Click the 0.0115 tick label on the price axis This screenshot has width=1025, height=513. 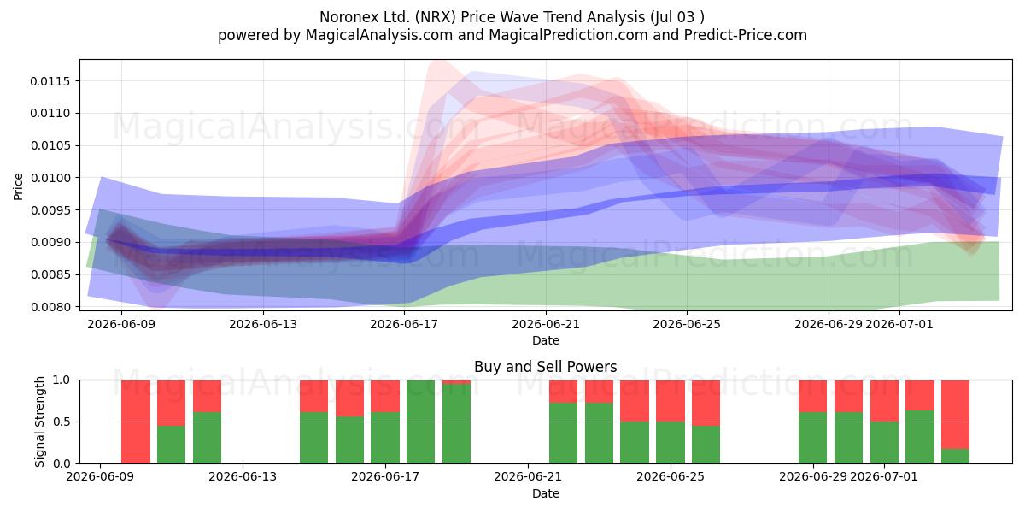pyautogui.click(x=50, y=81)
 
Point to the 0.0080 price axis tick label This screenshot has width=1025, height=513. pyautogui.click(x=50, y=307)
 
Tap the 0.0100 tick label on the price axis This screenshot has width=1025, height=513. pyautogui.click(x=50, y=178)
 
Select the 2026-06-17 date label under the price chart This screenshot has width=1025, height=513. pyautogui.click(x=404, y=324)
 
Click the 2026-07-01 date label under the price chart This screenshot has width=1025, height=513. pyautogui.click(x=899, y=324)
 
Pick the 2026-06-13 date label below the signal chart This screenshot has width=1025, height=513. pyautogui.click(x=243, y=476)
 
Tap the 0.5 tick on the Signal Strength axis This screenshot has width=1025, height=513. pyautogui.click(x=61, y=422)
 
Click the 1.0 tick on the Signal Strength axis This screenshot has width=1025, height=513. pyautogui.click(x=61, y=380)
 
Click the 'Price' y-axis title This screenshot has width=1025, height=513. pyautogui.click(x=18, y=186)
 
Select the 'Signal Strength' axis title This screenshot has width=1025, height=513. pyautogui.click(x=39, y=422)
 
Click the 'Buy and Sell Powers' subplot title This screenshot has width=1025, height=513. pyautogui.click(x=546, y=367)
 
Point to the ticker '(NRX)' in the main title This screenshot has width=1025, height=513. pyautogui.click(x=435, y=17)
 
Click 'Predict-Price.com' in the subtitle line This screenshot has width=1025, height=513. pyautogui.click(x=746, y=35)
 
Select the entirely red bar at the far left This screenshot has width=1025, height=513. pyautogui.click(x=136, y=422)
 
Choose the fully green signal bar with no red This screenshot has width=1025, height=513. pyautogui.click(x=420, y=422)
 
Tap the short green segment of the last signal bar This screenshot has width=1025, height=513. pyautogui.click(x=955, y=457)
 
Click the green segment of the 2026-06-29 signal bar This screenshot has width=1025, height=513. pyautogui.click(x=812, y=438)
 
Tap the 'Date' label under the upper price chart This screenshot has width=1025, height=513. pyautogui.click(x=546, y=340)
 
